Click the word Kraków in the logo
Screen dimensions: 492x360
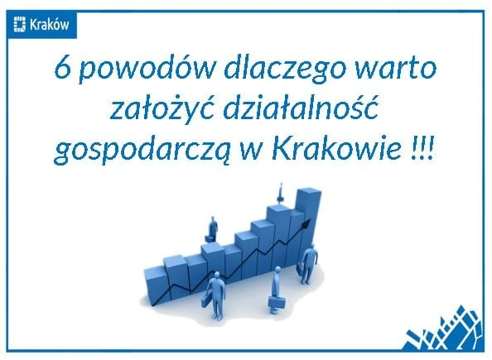point(49,25)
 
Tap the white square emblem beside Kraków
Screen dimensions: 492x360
point(19,25)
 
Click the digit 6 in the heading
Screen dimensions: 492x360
point(62,69)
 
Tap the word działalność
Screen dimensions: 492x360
point(300,108)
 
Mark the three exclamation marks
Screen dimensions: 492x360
point(422,149)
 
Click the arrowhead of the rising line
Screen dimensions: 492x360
point(306,223)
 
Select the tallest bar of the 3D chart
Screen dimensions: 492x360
point(309,219)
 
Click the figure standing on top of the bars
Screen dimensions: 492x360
point(212,229)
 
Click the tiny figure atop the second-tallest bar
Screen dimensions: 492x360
point(280,194)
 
